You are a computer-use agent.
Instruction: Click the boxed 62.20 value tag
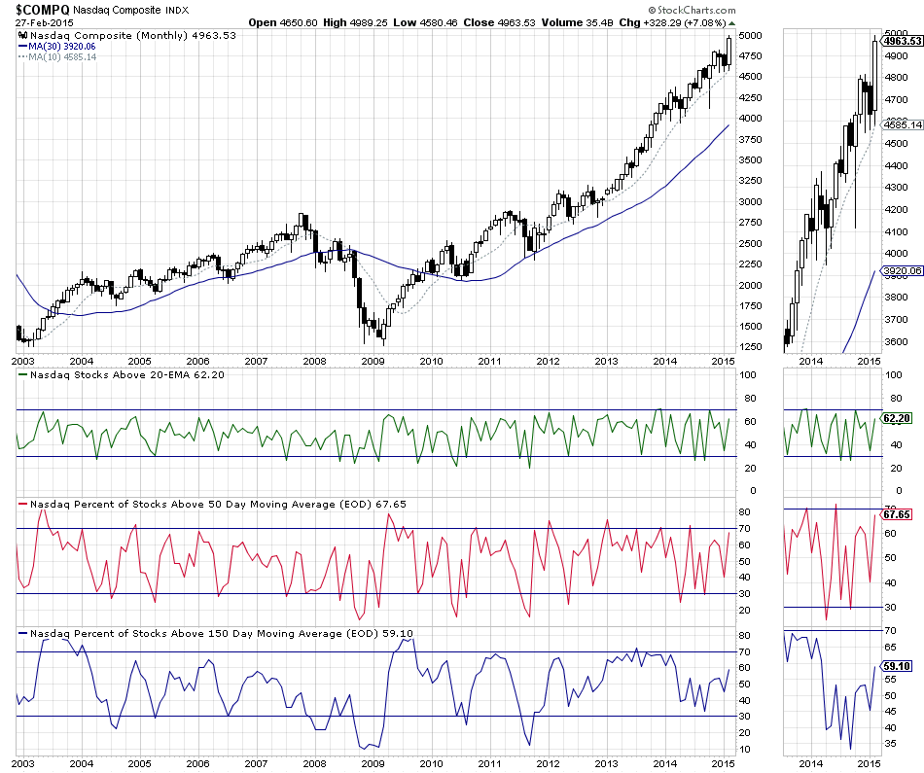pyautogui.click(x=896, y=418)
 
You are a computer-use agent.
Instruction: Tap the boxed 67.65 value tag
pyautogui.click(x=896, y=513)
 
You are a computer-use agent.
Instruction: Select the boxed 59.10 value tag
pyautogui.click(x=896, y=666)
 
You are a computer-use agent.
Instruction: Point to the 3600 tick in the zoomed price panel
pyautogui.click(x=895, y=341)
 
